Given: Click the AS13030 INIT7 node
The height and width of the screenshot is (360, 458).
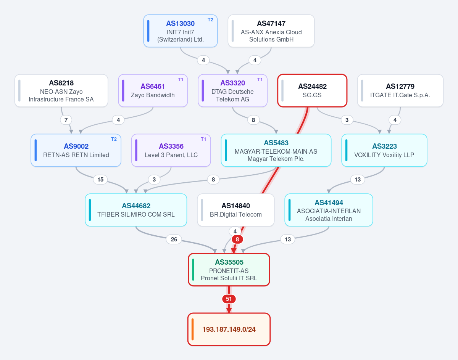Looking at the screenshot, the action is (181, 31).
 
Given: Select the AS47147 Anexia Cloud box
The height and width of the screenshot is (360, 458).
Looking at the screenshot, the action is (271, 31).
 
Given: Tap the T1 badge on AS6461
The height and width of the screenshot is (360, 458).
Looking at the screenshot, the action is (181, 80).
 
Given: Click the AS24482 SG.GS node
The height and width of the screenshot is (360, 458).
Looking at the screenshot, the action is (312, 91).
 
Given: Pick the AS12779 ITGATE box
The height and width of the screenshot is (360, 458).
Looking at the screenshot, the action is (400, 91).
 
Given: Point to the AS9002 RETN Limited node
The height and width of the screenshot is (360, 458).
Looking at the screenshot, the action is (76, 150).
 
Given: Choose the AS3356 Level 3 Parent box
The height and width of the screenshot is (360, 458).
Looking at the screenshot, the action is (171, 150).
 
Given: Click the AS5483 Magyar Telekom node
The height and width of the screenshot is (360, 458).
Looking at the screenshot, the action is (276, 150).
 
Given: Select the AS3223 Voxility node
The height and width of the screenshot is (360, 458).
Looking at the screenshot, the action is (384, 150).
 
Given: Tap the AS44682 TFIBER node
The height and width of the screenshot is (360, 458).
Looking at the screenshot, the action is (136, 210).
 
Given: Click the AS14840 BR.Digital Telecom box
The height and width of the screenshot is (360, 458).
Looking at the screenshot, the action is (236, 210).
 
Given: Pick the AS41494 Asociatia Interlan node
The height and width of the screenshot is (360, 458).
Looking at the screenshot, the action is (329, 210).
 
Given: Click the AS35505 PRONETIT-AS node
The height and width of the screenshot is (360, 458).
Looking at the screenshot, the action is (229, 270).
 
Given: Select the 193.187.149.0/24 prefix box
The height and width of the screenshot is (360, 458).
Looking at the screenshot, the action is (229, 329).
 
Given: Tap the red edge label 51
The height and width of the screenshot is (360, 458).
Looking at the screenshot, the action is (229, 299).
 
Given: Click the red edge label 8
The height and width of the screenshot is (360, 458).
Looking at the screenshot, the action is (237, 239).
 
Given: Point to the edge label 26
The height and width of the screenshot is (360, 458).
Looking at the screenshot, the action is (174, 239).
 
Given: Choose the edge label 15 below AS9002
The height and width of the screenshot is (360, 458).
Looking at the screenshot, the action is (100, 180).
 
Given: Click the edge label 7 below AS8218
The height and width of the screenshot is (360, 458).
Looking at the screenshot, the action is (66, 120).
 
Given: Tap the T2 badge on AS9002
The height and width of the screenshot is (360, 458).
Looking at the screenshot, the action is (114, 139).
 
